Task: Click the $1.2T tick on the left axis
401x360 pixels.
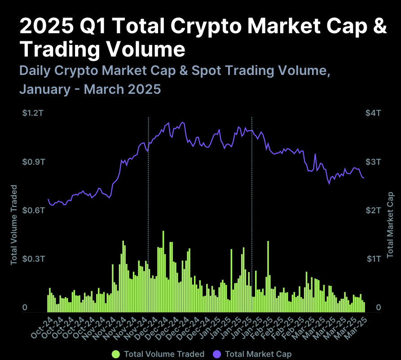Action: (x=33, y=113)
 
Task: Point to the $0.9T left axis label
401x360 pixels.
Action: (x=33, y=162)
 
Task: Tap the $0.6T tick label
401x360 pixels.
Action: (x=33, y=210)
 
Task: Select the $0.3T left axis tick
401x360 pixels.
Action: (x=33, y=259)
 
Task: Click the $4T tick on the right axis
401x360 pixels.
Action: (x=373, y=113)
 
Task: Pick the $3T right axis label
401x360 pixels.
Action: (x=373, y=162)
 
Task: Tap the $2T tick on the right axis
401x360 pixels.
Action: (x=373, y=210)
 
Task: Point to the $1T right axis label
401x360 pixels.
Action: (x=373, y=259)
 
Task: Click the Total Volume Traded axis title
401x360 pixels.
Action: (x=14, y=224)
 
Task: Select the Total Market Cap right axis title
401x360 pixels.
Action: (x=390, y=227)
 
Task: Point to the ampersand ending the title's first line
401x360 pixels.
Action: (x=379, y=26)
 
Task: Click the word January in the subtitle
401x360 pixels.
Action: (x=44, y=89)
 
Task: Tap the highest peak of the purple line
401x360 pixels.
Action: (x=182, y=122)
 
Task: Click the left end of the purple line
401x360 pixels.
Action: (x=48, y=199)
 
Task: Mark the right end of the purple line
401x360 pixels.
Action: (x=363, y=178)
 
